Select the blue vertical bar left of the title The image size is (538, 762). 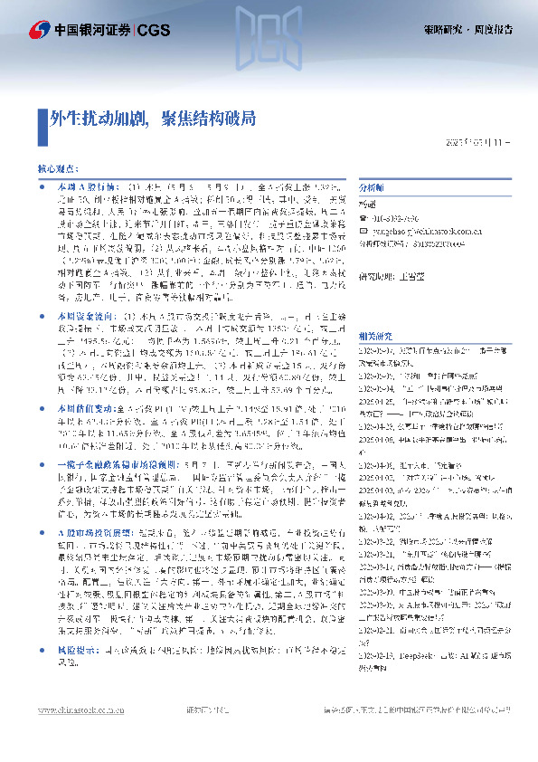[x=40, y=118]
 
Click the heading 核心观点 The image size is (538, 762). [x=56, y=169]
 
